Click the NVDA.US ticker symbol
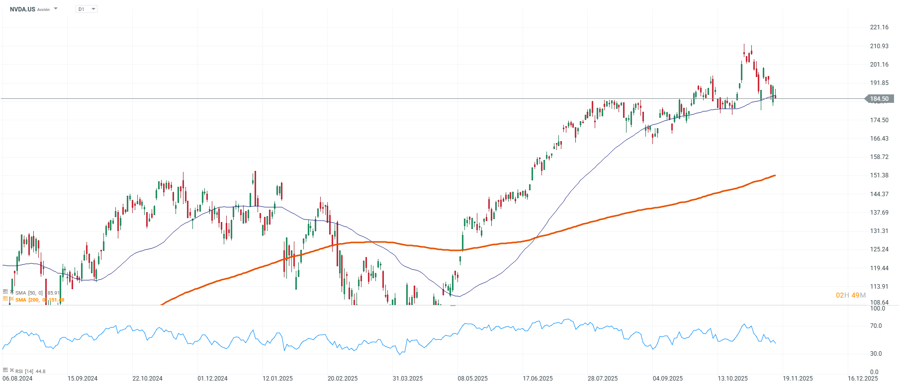pyautogui.click(x=22, y=9)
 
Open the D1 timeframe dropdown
pyautogui.click(x=87, y=9)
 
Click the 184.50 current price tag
pyautogui.click(x=879, y=99)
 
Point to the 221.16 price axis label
pyautogui.click(x=879, y=27)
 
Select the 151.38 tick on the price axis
pyautogui.click(x=879, y=175)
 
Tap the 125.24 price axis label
pyautogui.click(x=879, y=249)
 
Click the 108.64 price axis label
pyautogui.click(x=879, y=302)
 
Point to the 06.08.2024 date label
pyautogui.click(x=17, y=379)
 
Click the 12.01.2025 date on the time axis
pyautogui.click(x=277, y=379)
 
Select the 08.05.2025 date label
pyautogui.click(x=472, y=379)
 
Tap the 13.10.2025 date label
pyautogui.click(x=732, y=379)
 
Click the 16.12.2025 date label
pyautogui.click(x=863, y=379)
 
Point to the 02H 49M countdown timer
pyautogui.click(x=850, y=295)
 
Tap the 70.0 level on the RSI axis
pyautogui.click(x=876, y=326)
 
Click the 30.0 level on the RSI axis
pyautogui.click(x=876, y=354)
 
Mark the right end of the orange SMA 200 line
pyautogui.click(x=775, y=175)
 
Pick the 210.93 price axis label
pyautogui.click(x=879, y=46)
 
